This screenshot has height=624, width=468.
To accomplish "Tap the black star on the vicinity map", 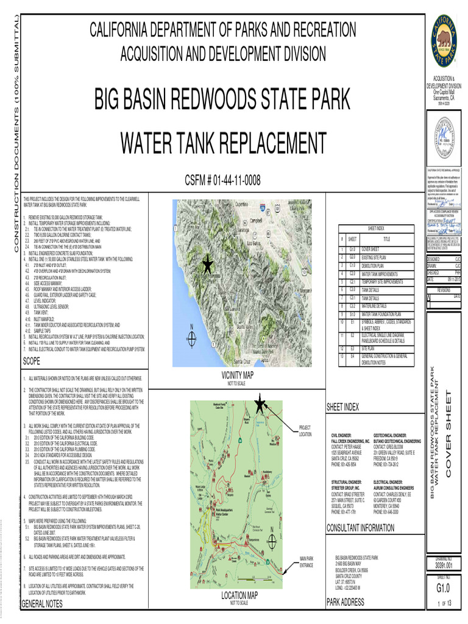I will tap(207, 264).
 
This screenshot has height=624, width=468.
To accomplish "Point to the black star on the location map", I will tap(260, 403).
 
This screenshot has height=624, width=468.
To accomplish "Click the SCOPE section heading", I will tap(31, 362).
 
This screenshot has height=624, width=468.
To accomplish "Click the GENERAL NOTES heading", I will tap(42, 604).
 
